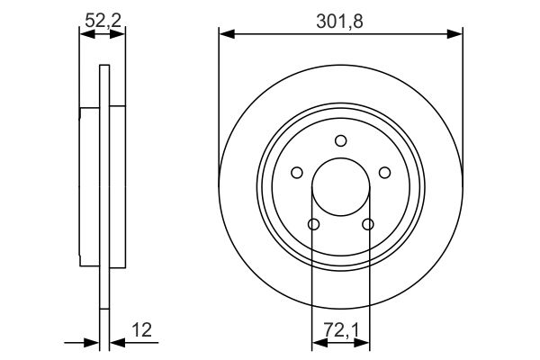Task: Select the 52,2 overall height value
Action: [x=103, y=17]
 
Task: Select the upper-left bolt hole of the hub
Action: [x=298, y=173]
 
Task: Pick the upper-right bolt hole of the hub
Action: [x=384, y=173]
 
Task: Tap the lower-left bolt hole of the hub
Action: [x=314, y=224]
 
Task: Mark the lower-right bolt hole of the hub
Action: [x=367, y=224]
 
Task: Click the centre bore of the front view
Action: [x=340, y=186]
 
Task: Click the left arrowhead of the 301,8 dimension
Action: [x=225, y=35]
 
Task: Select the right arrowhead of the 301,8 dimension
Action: [x=457, y=35]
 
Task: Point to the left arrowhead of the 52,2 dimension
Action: [x=85, y=35]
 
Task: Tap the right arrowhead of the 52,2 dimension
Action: [x=120, y=35]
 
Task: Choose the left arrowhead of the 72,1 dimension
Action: [x=317, y=342]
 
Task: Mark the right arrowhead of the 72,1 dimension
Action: [x=364, y=342]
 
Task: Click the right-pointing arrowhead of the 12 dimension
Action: [x=93, y=342]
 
